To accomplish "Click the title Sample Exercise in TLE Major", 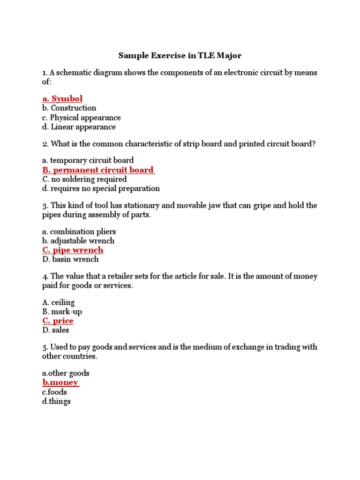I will tap(180, 56).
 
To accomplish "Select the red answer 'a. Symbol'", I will tap(62, 98).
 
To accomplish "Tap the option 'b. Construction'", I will tap(69, 108).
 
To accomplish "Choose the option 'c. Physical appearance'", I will tap(81, 118).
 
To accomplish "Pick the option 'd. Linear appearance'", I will tap(79, 127).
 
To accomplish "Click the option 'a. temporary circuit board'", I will tap(88, 160).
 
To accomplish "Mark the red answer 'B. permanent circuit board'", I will tap(98, 170).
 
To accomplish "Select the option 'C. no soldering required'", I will tap(84, 179).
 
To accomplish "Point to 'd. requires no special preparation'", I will tap(101, 188).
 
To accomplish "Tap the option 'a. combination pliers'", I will tap(79, 232).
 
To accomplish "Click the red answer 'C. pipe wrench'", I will tap(73, 250).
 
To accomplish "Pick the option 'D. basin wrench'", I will tap(70, 259).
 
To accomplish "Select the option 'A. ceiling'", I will tap(58, 302).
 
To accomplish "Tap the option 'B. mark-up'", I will tap(62, 312).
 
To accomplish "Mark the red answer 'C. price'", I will tap(58, 321).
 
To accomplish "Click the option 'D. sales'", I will tap(55, 330).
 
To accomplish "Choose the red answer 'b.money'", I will tap(60, 382).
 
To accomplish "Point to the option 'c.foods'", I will tap(54, 392).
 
